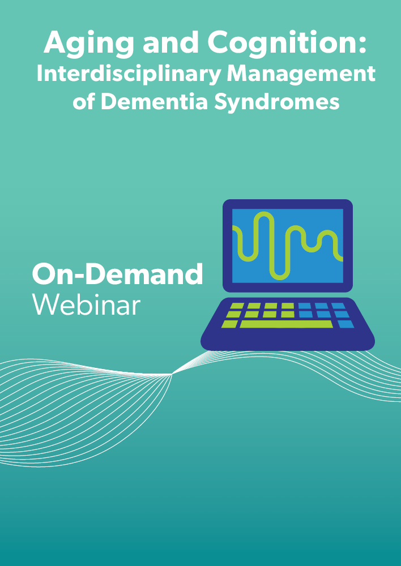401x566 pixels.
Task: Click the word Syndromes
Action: coord(277,103)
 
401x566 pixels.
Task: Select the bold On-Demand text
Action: coord(117,275)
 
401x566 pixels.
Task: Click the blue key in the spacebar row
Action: coord(345,324)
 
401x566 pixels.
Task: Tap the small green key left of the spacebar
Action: coord(230,324)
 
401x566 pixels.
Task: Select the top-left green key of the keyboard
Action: coord(237,306)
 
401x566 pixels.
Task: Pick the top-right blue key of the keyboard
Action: coord(338,306)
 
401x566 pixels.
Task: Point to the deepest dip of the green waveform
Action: coord(280,277)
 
